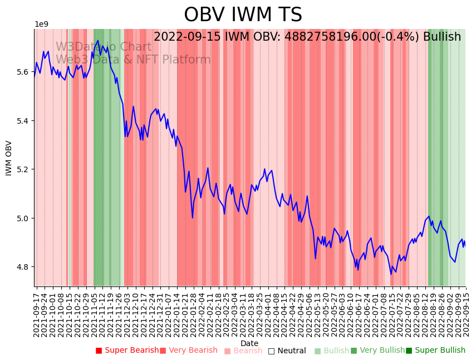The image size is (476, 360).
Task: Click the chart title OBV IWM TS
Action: point(243,15)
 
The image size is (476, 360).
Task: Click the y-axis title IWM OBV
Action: point(9,158)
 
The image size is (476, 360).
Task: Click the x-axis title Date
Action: point(249,343)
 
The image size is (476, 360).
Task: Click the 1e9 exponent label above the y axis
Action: point(42,25)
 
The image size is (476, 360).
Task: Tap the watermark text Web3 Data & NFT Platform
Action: point(133,60)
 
